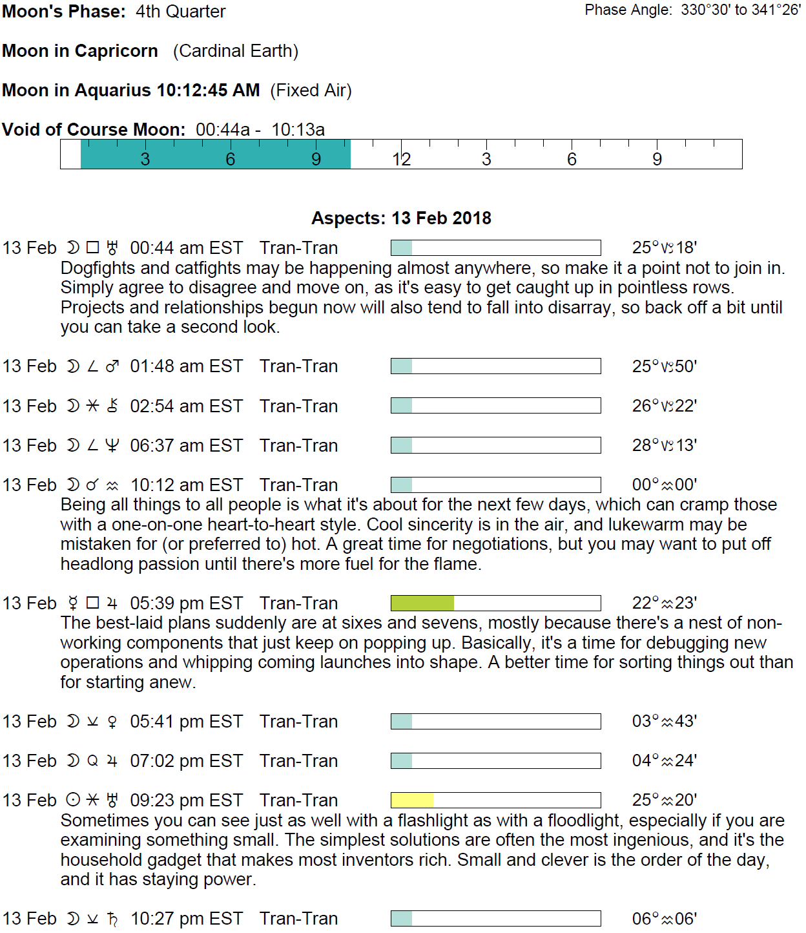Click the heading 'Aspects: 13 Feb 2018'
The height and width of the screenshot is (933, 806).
(401, 218)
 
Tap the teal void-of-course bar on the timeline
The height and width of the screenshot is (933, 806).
(215, 155)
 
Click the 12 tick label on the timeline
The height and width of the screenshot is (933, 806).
(401, 160)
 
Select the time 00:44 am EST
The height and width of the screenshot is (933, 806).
(186, 248)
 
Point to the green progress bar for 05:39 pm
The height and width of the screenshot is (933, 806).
(422, 603)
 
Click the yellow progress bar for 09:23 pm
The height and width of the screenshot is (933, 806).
(412, 800)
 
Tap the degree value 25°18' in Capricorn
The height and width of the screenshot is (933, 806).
(664, 248)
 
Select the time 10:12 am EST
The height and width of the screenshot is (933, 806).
(186, 485)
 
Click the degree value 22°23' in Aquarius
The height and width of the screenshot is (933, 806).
(664, 603)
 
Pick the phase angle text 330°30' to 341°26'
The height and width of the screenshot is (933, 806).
(740, 10)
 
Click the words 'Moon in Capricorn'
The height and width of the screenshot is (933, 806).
(80, 51)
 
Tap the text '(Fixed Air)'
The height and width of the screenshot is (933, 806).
(311, 90)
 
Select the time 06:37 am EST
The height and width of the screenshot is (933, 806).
(186, 445)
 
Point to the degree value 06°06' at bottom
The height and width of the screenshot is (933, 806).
(664, 918)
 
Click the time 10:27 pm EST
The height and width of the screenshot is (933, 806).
(186, 918)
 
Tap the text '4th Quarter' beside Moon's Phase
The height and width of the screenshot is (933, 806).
(181, 12)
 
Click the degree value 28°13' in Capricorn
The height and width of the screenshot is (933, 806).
(664, 445)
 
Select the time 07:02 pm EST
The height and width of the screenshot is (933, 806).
(186, 760)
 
